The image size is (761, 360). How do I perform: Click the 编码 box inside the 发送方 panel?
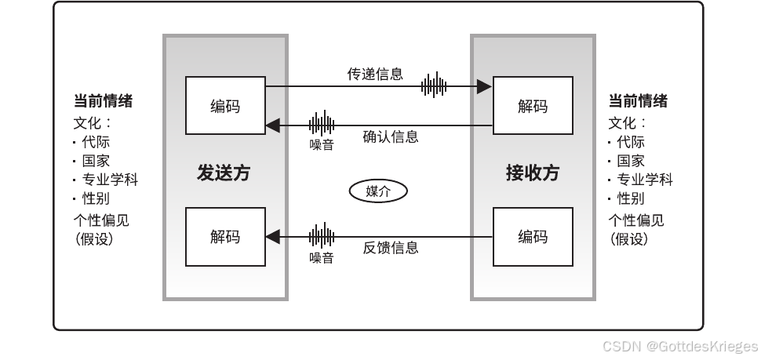(225, 106)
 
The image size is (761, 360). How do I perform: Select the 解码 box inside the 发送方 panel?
(225, 236)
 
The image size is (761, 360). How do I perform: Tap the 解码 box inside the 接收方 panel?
(533, 106)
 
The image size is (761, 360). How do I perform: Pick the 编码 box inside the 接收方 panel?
(533, 236)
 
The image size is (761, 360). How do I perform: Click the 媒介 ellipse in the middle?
(379, 191)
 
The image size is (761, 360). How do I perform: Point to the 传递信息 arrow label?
(375, 75)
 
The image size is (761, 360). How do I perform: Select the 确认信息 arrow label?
(390, 137)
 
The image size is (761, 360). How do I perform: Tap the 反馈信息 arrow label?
(390, 248)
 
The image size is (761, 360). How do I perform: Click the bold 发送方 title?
(224, 173)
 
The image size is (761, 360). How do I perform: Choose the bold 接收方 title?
(533, 173)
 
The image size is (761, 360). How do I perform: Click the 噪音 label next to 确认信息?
(322, 144)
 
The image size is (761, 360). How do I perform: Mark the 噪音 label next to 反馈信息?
(322, 257)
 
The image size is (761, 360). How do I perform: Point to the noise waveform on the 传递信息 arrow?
(434, 85)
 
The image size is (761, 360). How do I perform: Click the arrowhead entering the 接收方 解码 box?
(486, 86)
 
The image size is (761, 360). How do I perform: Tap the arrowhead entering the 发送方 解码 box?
(272, 236)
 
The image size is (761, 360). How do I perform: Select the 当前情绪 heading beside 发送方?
(103, 101)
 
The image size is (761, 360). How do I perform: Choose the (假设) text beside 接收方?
(630, 238)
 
